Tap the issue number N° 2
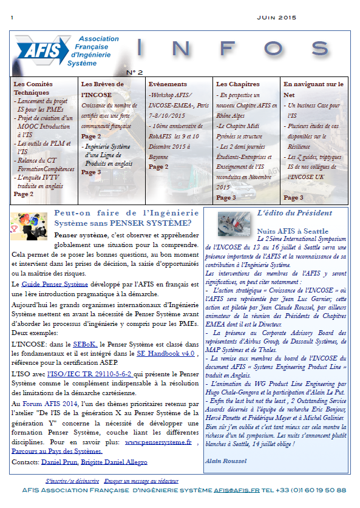point(135,72)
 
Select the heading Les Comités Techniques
point(36,89)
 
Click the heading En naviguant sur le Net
point(313,89)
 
